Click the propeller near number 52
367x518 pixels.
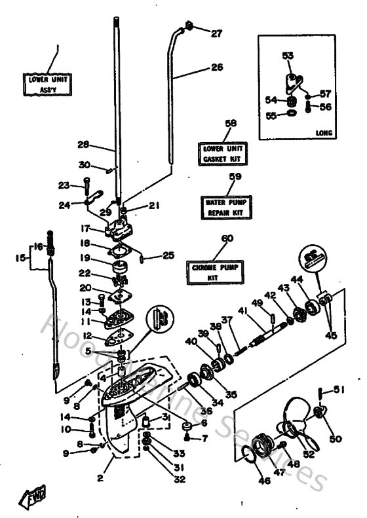point(295,426)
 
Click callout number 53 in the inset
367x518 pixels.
point(288,56)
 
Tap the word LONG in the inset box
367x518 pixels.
point(324,132)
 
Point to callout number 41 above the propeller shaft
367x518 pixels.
point(242,310)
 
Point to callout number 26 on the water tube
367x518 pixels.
point(216,67)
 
